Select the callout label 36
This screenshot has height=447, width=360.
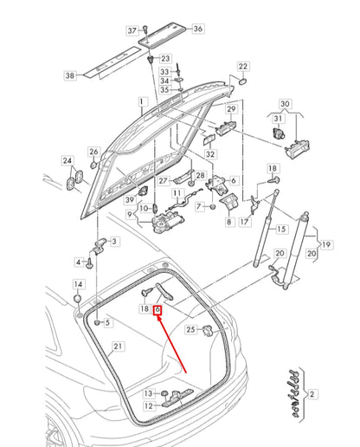tap(198, 29)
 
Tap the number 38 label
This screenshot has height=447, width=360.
tap(71, 75)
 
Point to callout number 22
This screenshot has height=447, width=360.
tap(243, 66)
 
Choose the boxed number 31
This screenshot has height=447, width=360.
tap(280, 118)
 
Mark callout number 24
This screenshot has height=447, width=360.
tap(67, 160)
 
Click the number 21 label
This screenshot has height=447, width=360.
tap(119, 347)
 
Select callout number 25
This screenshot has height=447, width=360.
tap(191, 329)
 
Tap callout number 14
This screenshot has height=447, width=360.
tap(78, 284)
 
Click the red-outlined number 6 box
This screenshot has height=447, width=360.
tap(157, 308)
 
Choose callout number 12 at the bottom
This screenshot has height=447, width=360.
tap(148, 405)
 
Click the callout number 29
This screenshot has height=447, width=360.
tap(231, 109)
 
